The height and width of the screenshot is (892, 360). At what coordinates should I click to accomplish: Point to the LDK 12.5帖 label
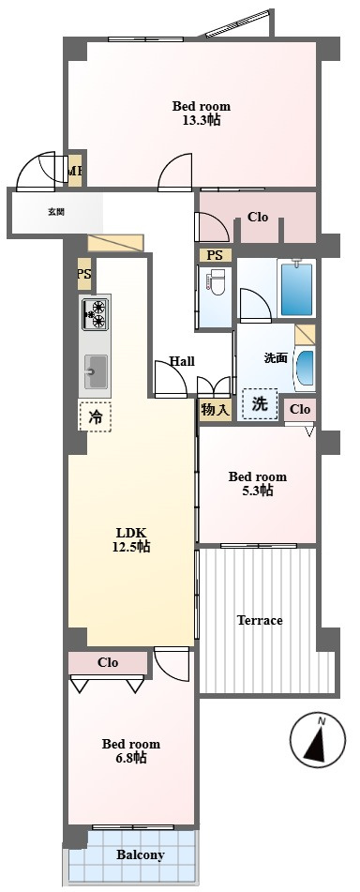131,540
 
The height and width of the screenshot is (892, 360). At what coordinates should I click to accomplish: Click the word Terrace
260,620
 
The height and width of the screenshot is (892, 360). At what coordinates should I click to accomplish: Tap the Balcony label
141,855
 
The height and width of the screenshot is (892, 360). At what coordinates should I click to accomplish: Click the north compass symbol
318,740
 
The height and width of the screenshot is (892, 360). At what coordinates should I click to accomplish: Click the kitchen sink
96,371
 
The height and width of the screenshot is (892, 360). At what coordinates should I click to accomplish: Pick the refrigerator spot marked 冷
95,416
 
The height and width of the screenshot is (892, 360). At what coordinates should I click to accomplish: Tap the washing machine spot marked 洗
260,404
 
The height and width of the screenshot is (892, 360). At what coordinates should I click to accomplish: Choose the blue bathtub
297,288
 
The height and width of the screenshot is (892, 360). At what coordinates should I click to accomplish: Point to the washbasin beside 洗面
305,369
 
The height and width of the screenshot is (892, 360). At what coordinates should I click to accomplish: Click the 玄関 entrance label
55,212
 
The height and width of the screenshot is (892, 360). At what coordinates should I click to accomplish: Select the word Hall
182,361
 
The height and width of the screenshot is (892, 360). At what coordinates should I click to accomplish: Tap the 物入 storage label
216,410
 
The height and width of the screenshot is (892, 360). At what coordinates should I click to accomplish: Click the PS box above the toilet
215,255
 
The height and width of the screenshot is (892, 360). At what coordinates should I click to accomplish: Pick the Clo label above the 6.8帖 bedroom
108,663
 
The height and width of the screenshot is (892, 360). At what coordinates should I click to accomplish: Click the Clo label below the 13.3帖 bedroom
258,218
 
